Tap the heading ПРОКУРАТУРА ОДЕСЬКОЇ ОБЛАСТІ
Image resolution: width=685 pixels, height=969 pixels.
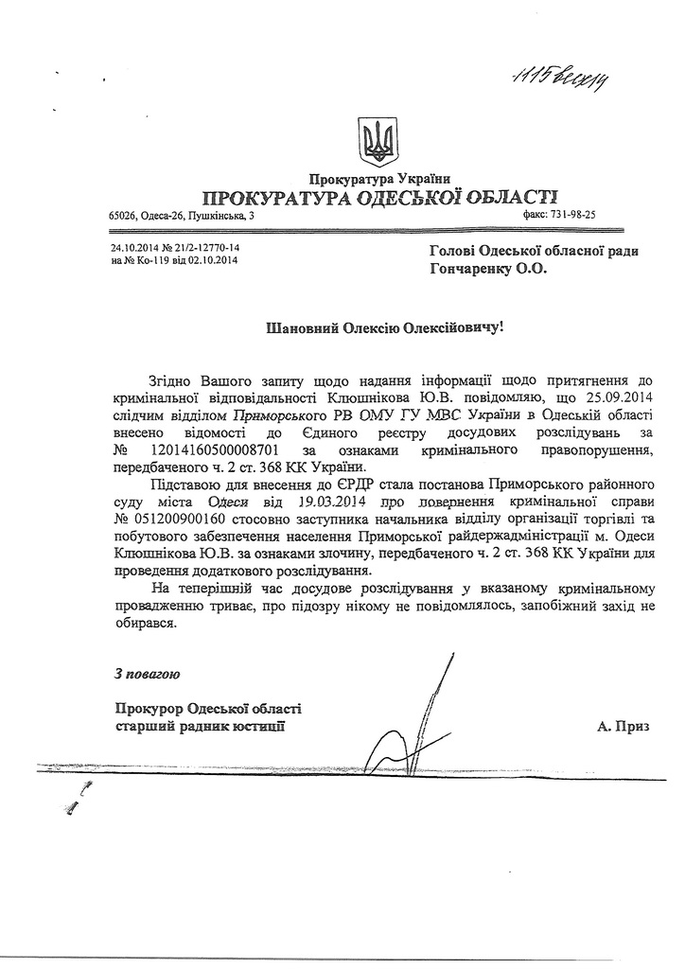[x=378, y=197]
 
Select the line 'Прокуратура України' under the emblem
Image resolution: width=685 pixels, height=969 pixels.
[x=378, y=179]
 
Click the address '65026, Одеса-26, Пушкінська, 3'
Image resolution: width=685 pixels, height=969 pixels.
[x=181, y=217]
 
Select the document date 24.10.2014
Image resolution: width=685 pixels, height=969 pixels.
[x=132, y=248]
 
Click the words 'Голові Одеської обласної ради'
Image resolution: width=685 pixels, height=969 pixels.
[x=533, y=250]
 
